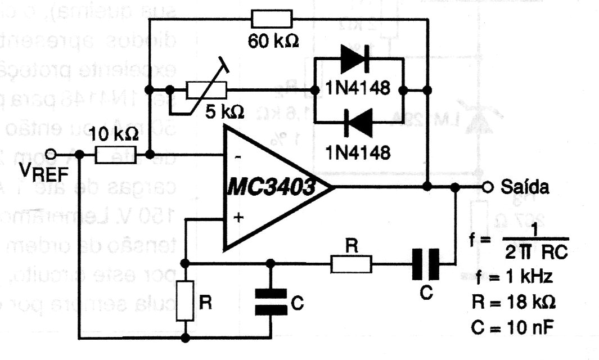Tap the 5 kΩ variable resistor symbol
tap(206, 89)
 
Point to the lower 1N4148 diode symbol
tap(354, 119)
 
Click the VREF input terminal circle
tap(52, 154)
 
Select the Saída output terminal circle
tap(489, 187)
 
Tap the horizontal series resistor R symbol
tap(350, 263)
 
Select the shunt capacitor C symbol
tap(271, 301)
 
